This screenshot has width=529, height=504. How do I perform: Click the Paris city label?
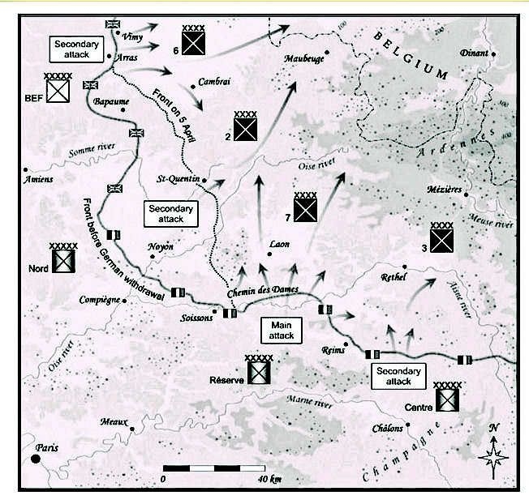coord(47,448)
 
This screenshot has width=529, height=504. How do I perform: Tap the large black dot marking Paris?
coord(36,459)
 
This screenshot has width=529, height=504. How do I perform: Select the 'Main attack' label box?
coord(282,331)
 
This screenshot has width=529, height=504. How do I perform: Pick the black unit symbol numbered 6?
coord(193,40)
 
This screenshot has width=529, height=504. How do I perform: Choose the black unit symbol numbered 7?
coord(305,207)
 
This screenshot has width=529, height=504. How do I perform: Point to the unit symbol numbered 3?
coord(441,237)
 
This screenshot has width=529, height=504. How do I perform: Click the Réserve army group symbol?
coord(259,369)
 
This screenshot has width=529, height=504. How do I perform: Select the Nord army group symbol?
coord(63,258)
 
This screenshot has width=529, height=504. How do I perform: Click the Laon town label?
coord(279,244)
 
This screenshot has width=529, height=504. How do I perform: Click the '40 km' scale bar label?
coord(269,479)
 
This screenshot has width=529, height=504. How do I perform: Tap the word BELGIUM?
coord(411,55)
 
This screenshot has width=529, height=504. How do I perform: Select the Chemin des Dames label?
coord(263,291)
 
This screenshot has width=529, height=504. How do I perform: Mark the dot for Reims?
coord(346,344)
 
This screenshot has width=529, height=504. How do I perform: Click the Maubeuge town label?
coord(304,58)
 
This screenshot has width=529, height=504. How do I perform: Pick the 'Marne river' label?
coord(309,402)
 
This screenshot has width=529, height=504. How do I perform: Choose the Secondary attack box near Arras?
coord(76,49)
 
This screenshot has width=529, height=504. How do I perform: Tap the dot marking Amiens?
coord(26,169)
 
